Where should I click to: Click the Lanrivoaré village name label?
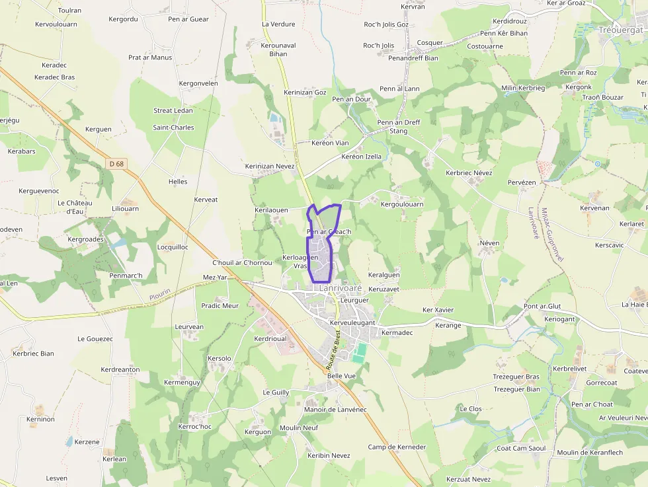tap(340, 288)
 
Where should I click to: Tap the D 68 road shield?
tap(117, 164)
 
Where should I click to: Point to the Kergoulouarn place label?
tap(402, 205)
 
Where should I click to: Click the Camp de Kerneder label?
tap(397, 447)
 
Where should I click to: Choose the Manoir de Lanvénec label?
tap(335, 410)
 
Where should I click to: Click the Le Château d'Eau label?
tap(75, 207)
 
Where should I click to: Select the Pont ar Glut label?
tap(542, 307)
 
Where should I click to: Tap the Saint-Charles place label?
tap(173, 128)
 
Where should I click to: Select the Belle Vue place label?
tap(341, 376)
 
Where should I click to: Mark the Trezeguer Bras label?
tap(516, 377)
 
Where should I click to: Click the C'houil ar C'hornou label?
tap(243, 263)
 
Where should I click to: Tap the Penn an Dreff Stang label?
tap(398, 126)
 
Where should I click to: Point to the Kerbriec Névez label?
tap(469, 173)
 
